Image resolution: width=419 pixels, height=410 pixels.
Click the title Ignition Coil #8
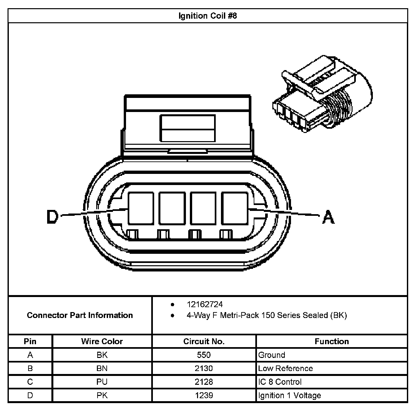click(x=208, y=16)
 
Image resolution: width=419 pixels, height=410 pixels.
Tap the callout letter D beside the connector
click(x=52, y=216)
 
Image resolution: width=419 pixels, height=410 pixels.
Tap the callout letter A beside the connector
click(x=328, y=217)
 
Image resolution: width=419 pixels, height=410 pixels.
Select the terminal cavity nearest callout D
click(x=141, y=208)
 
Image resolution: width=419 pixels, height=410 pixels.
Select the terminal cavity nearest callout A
click(x=234, y=208)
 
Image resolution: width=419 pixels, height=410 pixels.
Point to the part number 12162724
click(x=205, y=305)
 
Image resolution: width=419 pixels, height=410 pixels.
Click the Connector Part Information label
click(x=80, y=315)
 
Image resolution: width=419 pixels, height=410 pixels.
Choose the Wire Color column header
click(x=102, y=342)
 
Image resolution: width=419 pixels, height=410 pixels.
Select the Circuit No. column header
click(x=204, y=342)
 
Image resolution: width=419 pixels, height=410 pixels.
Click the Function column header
click(x=332, y=342)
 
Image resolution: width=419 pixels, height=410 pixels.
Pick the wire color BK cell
click(x=102, y=355)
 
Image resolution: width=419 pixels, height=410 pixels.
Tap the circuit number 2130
click(x=204, y=368)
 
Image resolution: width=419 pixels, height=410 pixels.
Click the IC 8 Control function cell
click(x=280, y=382)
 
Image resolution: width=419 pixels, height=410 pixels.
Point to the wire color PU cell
click(x=102, y=382)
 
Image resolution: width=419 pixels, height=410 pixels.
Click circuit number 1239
click(x=204, y=396)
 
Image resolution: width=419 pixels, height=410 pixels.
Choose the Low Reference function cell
click(x=285, y=368)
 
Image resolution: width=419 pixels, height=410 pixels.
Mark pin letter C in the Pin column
click(x=30, y=382)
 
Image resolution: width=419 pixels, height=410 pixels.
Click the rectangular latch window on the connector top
click(x=187, y=128)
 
